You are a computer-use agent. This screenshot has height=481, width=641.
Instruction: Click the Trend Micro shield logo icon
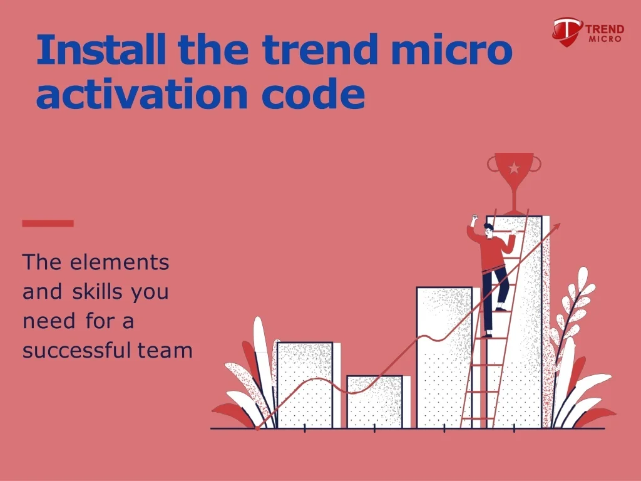567,29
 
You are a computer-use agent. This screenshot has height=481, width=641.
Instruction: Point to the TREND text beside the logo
605,29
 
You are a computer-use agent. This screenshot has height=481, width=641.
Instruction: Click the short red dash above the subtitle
48,223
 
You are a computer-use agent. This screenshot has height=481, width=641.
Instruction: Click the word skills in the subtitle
98,292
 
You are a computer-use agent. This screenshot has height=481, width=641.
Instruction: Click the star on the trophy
514,168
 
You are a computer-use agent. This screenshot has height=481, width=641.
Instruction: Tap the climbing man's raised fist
474,220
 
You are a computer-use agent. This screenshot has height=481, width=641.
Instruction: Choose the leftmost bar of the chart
304,385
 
